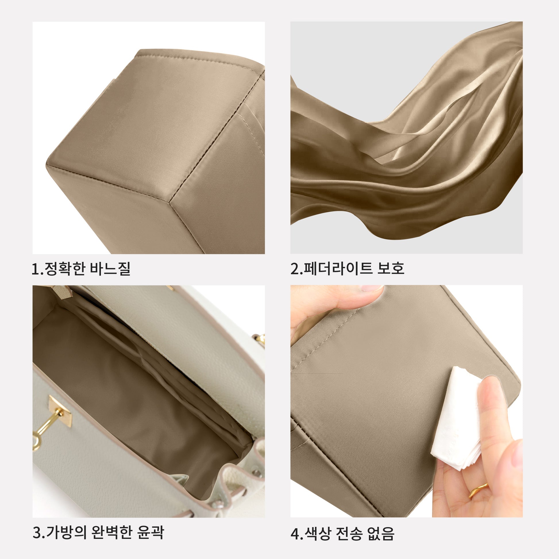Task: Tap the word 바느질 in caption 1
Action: coord(110,269)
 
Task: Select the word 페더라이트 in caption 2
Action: coord(338,268)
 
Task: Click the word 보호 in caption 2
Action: coord(391,268)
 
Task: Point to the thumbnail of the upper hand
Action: coord(372,288)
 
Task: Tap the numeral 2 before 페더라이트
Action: coord(295,269)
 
